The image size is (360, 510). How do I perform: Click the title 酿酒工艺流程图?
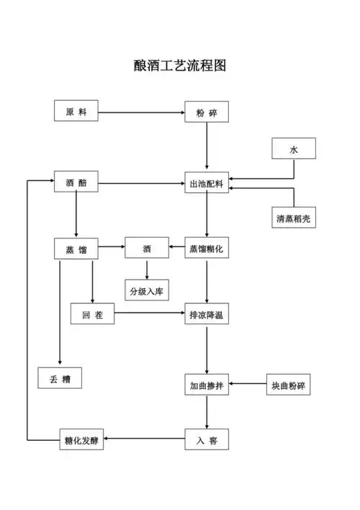coord(180,66)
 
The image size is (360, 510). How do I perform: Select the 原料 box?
coord(76,112)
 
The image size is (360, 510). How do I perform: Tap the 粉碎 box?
coord(207,112)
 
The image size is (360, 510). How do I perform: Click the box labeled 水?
coord(293,149)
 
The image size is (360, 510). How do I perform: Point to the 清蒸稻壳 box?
coord(293,218)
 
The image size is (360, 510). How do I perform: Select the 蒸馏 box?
coord(76,249)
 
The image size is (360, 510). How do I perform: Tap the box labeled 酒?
coord(147,249)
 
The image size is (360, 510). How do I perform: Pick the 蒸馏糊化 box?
coord(207,249)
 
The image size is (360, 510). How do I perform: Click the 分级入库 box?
coord(147,290)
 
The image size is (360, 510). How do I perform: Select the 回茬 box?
coord(92,315)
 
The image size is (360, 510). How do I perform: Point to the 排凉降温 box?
coord(207,315)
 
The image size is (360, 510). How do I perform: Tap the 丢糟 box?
coord(60,378)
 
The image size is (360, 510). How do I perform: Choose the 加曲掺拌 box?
coord(207,385)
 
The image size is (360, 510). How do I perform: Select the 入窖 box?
coord(207,439)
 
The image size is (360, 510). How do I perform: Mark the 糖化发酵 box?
coord(81,439)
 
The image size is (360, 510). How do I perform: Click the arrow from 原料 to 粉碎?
coord(141,112)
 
